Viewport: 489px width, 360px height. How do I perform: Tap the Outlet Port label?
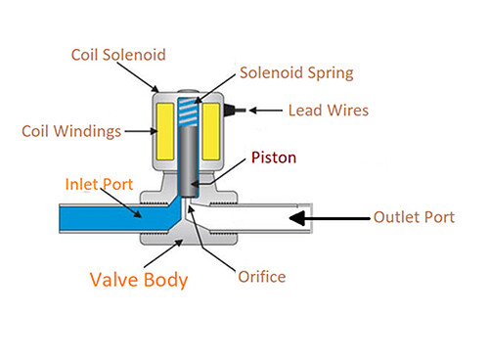pyautogui.click(x=414, y=216)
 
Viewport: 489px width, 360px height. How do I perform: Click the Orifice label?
pyautogui.click(x=261, y=277)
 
